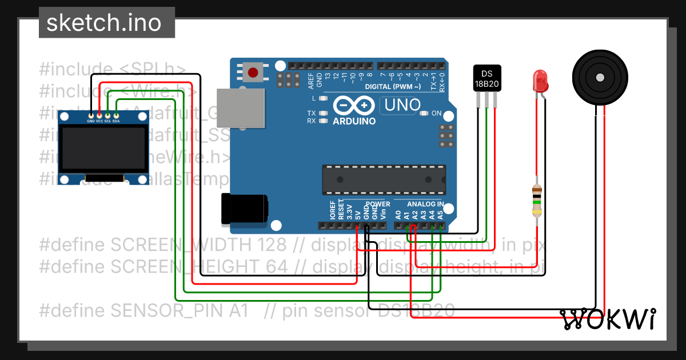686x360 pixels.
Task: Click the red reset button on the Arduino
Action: (x=253, y=72)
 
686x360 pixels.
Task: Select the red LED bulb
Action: (x=540, y=82)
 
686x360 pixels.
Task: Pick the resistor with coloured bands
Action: (x=536, y=202)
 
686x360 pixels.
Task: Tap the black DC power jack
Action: (x=244, y=209)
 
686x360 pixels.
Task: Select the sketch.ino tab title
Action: (x=103, y=23)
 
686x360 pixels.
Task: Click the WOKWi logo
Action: (x=608, y=319)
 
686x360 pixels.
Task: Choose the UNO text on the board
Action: (x=402, y=105)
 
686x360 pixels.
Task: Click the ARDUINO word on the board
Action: (x=354, y=121)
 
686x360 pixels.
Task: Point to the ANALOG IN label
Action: (x=425, y=204)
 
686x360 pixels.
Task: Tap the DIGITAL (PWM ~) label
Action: (x=393, y=87)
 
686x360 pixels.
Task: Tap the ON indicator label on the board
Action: (x=436, y=113)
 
